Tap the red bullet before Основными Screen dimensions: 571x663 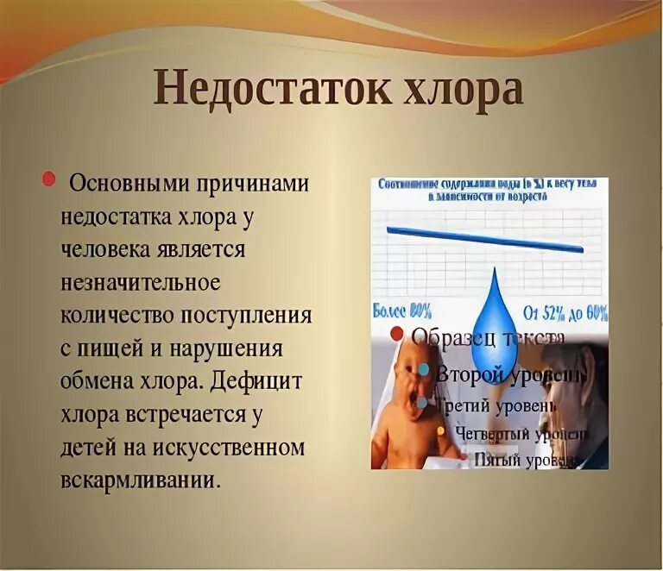[x=48, y=179]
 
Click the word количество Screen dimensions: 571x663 [x=117, y=315]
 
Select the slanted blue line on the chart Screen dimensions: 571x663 [x=484, y=239]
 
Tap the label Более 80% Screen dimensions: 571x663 [x=402, y=309]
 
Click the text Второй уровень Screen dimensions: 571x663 [x=509, y=375]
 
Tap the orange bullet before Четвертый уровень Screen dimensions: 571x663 [x=441, y=430]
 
